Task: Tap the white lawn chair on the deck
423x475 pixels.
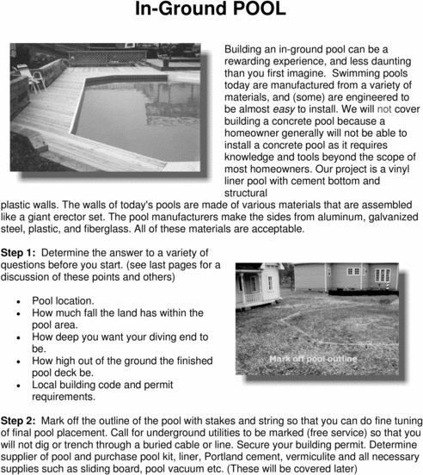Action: (x=35, y=77)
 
